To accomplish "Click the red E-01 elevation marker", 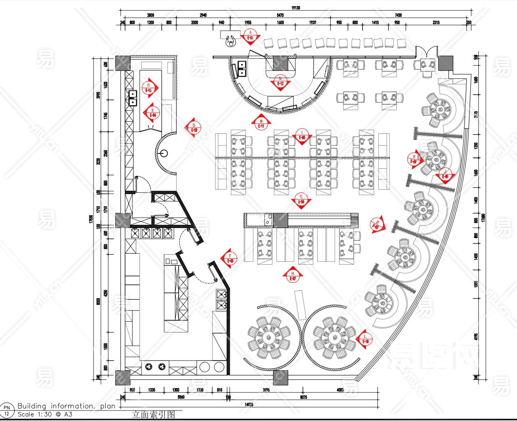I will coord(250,37).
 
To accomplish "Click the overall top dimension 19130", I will coord(296,8).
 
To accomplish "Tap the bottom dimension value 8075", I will coord(303,397).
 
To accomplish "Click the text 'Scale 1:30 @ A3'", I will coord(45,414).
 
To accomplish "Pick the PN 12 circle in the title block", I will coord(6,411).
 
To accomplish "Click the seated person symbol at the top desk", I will coord(231,41).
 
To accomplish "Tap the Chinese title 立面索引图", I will coord(153,415).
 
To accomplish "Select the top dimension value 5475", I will coord(280,15).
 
